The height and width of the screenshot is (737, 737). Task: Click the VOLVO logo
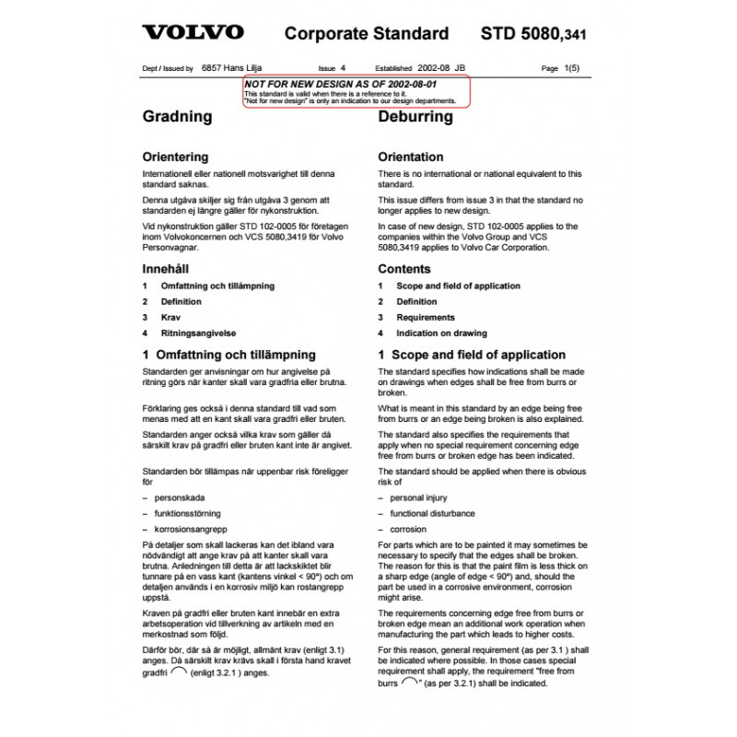tap(193, 34)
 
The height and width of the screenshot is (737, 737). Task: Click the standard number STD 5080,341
tap(533, 35)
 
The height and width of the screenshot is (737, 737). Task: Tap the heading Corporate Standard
tap(367, 35)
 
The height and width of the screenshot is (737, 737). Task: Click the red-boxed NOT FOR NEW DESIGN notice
tap(357, 91)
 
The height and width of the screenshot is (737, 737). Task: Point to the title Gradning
tap(177, 118)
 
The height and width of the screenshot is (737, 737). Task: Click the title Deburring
tap(415, 118)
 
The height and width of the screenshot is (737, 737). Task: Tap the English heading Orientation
tap(411, 157)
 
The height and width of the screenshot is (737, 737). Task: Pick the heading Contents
tap(404, 269)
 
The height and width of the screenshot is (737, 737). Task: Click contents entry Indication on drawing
tap(441, 333)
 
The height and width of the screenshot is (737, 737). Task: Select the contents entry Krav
tap(170, 317)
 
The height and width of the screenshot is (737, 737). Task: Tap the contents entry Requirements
tap(427, 317)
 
